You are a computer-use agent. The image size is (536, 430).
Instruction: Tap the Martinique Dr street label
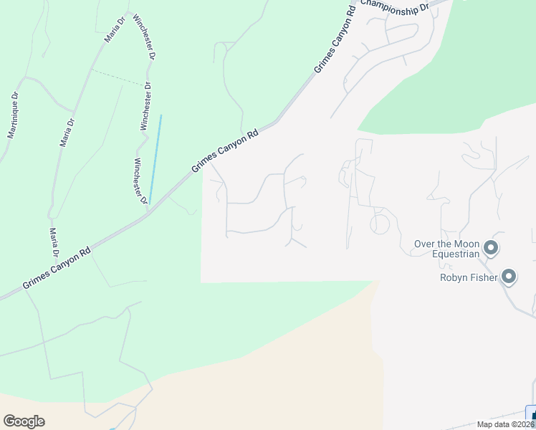13,115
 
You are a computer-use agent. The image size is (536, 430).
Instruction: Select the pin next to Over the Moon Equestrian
491,249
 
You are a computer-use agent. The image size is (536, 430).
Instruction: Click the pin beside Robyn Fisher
509,277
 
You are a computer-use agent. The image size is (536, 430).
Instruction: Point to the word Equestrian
456,254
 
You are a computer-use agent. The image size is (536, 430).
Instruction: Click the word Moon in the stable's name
465,244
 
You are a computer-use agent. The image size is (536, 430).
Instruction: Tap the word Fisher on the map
484,277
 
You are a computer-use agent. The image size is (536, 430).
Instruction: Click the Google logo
24,421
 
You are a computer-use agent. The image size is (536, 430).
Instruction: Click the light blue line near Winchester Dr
155,158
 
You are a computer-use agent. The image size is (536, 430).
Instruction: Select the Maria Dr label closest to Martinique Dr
67,133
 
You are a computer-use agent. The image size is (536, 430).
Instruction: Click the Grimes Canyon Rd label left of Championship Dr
335,42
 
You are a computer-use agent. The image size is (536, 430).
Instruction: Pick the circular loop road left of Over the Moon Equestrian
380,224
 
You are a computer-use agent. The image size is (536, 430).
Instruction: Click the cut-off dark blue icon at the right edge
532,415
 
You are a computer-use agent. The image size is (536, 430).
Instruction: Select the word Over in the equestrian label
423,244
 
